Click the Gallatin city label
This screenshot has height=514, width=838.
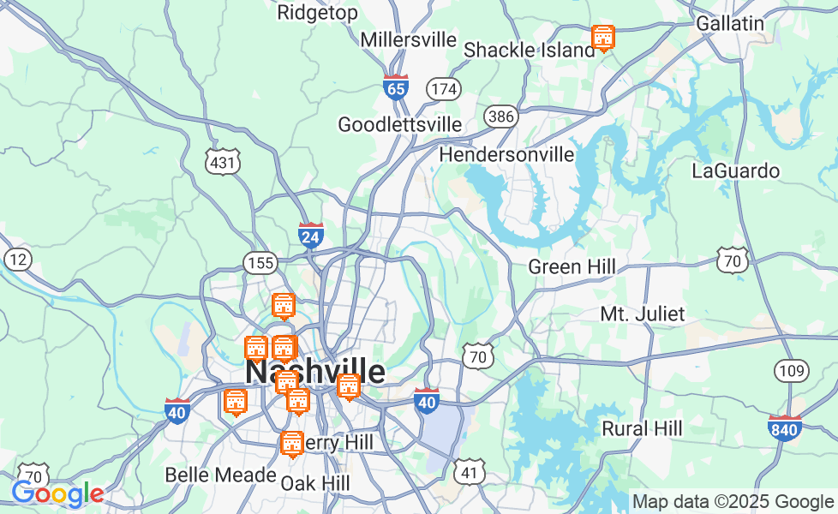coord(730,23)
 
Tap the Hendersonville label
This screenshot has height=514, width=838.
coord(506,155)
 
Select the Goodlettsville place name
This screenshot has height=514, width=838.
coord(400,125)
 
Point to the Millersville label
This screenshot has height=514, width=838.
coord(409,40)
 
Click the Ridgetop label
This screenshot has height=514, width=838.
coord(318,13)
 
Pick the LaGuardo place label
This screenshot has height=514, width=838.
coord(735,171)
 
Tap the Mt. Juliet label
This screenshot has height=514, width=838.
coord(643,314)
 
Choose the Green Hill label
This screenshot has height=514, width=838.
coord(572,267)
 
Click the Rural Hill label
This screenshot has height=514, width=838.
coord(642,428)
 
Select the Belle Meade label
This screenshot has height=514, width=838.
coord(220,475)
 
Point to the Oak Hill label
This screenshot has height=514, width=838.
coord(315,483)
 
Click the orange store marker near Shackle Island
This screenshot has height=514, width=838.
coord(603,38)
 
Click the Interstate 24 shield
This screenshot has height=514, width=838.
coord(311,236)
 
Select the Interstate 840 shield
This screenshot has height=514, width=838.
coord(785,428)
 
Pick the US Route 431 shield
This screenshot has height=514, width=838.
coord(223,161)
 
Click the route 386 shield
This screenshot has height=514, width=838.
coord(500,117)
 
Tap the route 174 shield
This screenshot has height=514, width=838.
coord(445,88)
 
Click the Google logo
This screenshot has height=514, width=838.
coord(57,494)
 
